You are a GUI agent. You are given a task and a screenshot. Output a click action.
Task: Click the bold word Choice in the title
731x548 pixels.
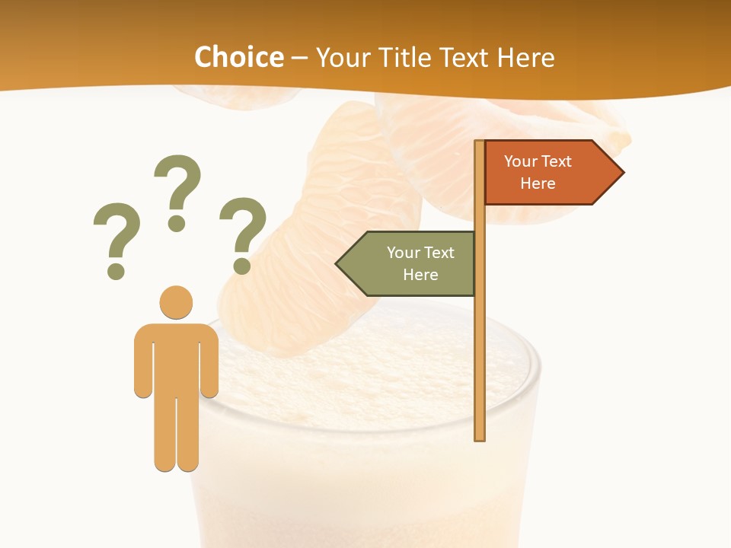pos(238,57)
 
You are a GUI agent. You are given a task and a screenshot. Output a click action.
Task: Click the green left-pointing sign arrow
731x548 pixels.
pos(407,264)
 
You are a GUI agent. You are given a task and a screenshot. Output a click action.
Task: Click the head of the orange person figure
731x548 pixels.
pos(176,302)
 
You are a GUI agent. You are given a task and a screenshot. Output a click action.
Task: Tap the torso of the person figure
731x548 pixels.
pos(176,358)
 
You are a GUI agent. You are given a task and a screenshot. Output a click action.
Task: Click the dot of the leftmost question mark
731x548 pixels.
pos(116,270)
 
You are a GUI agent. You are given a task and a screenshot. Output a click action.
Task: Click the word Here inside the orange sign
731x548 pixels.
pos(538,183)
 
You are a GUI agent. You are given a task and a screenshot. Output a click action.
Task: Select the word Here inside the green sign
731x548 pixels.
pos(420,275)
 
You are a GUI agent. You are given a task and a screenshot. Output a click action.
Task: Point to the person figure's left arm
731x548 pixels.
pos(143,365)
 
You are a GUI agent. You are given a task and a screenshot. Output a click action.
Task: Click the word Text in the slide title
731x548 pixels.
pos(464,57)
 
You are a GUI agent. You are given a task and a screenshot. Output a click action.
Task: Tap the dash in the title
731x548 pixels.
pos(299,58)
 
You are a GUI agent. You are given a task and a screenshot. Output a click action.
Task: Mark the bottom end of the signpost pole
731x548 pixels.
pos(480,437)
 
